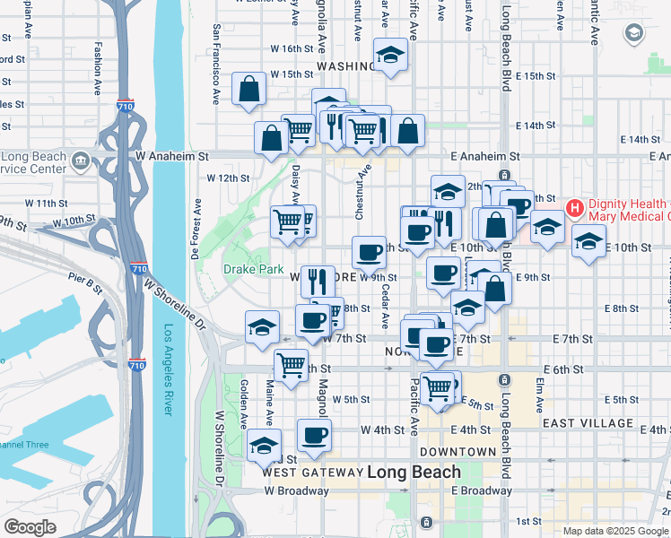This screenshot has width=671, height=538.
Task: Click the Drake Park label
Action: coord(253,269)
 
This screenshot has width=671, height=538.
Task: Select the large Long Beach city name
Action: coord(414,472)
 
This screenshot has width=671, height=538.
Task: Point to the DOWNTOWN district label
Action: coord(457,451)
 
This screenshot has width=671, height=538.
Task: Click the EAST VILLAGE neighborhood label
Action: coord(588,422)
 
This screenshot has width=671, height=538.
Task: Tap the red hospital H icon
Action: coord(575,208)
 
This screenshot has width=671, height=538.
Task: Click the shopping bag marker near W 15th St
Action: coord(248,89)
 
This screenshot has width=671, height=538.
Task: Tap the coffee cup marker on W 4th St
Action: coord(314,436)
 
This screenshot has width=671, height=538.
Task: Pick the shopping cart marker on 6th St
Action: coord(291,365)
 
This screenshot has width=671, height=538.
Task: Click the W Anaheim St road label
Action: coord(173,155)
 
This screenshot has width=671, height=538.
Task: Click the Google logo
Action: coord(30,527)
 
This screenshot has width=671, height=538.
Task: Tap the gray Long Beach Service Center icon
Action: coord(82,161)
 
